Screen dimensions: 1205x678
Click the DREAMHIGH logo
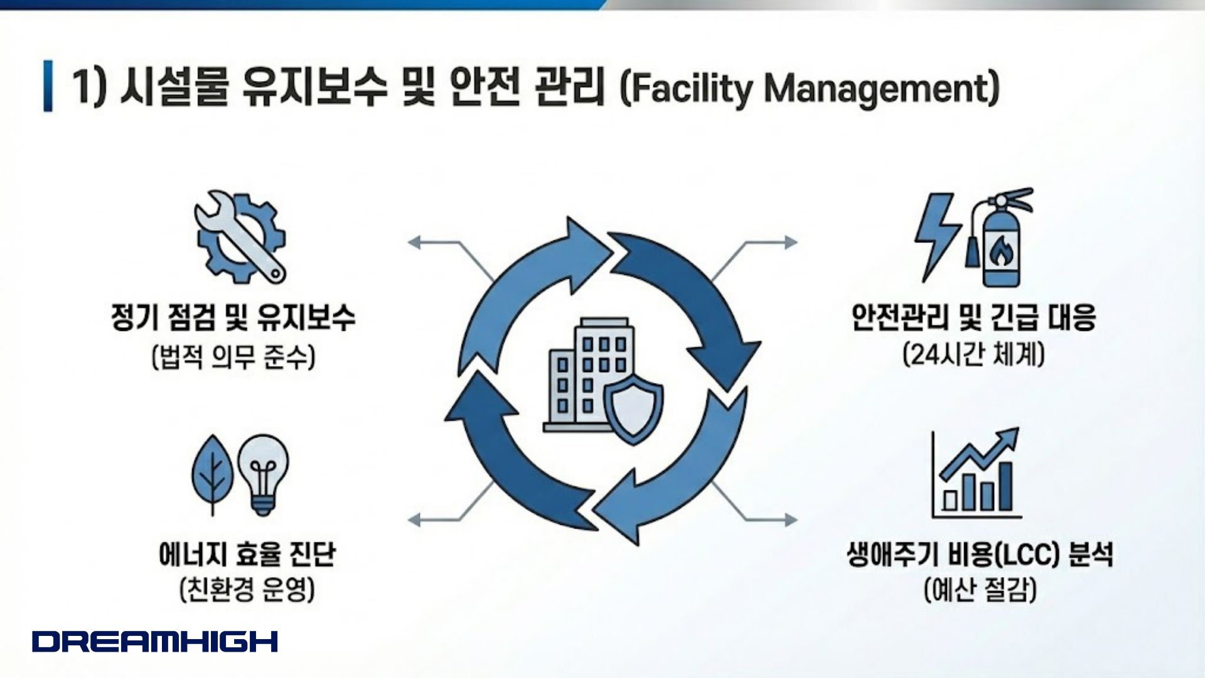click(x=155, y=641)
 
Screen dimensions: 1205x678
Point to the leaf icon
click(x=212, y=473)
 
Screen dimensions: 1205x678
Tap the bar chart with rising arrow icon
click(x=976, y=473)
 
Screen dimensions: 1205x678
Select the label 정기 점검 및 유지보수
click(x=233, y=316)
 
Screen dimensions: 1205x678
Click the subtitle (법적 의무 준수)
click(x=233, y=357)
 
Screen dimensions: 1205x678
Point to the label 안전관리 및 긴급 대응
click(x=973, y=316)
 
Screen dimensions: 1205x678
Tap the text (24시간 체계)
click(x=973, y=355)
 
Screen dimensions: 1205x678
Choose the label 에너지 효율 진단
click(x=247, y=554)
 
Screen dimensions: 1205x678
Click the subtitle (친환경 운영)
click(x=247, y=590)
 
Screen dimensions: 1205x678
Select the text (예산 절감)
click(x=980, y=590)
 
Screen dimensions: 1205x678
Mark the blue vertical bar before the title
click(x=48, y=86)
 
